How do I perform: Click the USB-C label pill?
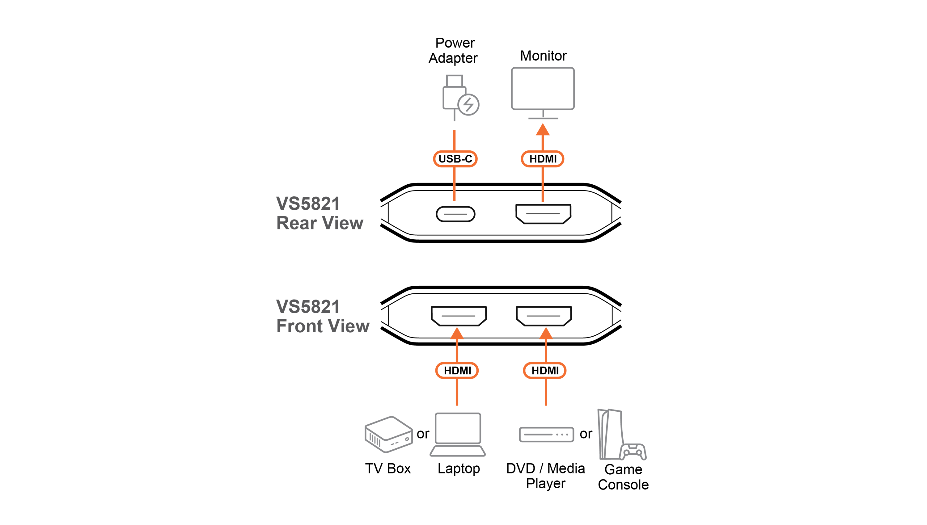coord(455,159)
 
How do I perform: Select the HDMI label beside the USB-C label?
coord(543,159)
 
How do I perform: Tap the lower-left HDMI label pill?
coord(457,370)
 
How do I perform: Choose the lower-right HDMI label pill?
coord(545,370)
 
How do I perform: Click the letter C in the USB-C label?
coord(468,159)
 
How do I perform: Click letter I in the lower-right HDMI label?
coord(557,370)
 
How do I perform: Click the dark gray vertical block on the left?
coord(317,263)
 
